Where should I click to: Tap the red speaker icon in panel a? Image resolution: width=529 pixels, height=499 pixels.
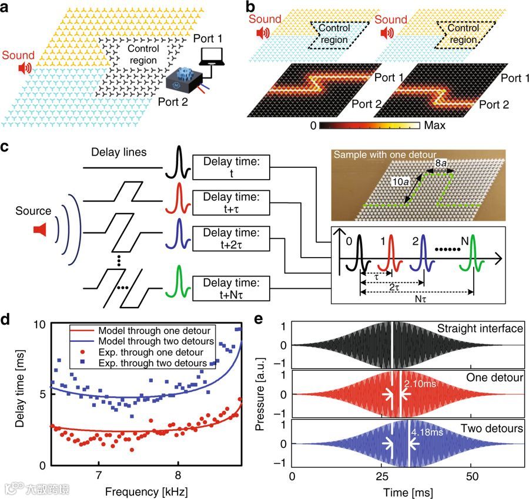point(25,69)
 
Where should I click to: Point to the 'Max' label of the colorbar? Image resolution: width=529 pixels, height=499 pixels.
point(434,125)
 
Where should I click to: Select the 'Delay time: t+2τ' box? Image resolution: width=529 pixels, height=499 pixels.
point(233,233)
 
